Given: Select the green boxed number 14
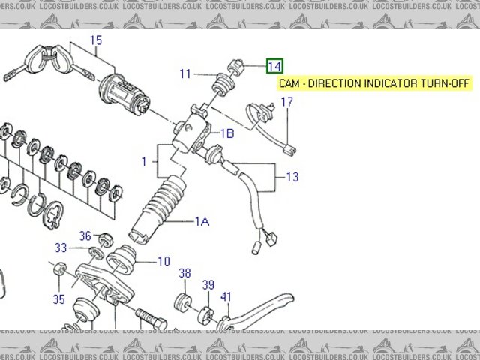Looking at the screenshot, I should (x=275, y=66).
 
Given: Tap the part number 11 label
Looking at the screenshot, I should (x=185, y=73).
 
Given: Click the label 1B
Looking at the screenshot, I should (x=226, y=133).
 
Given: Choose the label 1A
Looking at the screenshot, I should (x=202, y=220).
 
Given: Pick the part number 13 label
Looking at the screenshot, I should (x=292, y=177).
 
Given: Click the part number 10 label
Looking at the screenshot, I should (x=163, y=262).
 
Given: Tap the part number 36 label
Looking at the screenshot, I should (x=85, y=235).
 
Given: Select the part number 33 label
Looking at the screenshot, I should (x=61, y=248).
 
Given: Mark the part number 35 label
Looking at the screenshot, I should (x=58, y=299).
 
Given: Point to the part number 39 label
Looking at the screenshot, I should (x=208, y=284).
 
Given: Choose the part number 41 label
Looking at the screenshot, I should (x=226, y=296).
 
